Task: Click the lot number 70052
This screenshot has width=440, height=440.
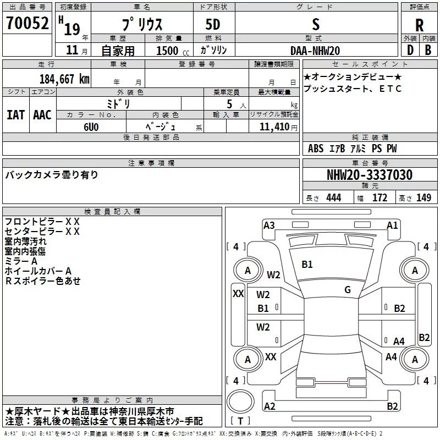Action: [x=28, y=23]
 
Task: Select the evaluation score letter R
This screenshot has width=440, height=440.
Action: [x=419, y=25]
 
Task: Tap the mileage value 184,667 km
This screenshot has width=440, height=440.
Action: [x=64, y=79]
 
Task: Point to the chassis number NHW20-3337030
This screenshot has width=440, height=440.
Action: [x=370, y=175]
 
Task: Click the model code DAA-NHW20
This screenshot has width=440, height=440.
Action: [x=315, y=51]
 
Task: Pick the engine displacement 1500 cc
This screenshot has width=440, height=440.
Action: [x=173, y=51]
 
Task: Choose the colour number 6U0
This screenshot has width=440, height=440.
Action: [x=91, y=127]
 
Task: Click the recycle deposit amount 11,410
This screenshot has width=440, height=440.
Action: [x=274, y=127]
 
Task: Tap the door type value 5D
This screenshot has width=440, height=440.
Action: [x=213, y=24]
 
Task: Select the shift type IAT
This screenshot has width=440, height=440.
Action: [x=16, y=115]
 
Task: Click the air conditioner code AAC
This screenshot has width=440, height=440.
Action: [x=42, y=115]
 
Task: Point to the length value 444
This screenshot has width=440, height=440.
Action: [x=334, y=197]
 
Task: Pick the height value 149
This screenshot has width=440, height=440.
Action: [x=424, y=197]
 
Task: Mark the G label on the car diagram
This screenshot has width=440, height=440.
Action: [x=348, y=290]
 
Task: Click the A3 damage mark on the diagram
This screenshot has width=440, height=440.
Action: [x=269, y=226]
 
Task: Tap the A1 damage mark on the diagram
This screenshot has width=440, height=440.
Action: [x=392, y=226]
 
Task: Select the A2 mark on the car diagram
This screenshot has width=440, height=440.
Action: [x=269, y=406]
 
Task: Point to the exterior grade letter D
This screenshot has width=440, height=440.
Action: [x=410, y=50]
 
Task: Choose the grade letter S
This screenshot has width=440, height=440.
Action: [x=316, y=24]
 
